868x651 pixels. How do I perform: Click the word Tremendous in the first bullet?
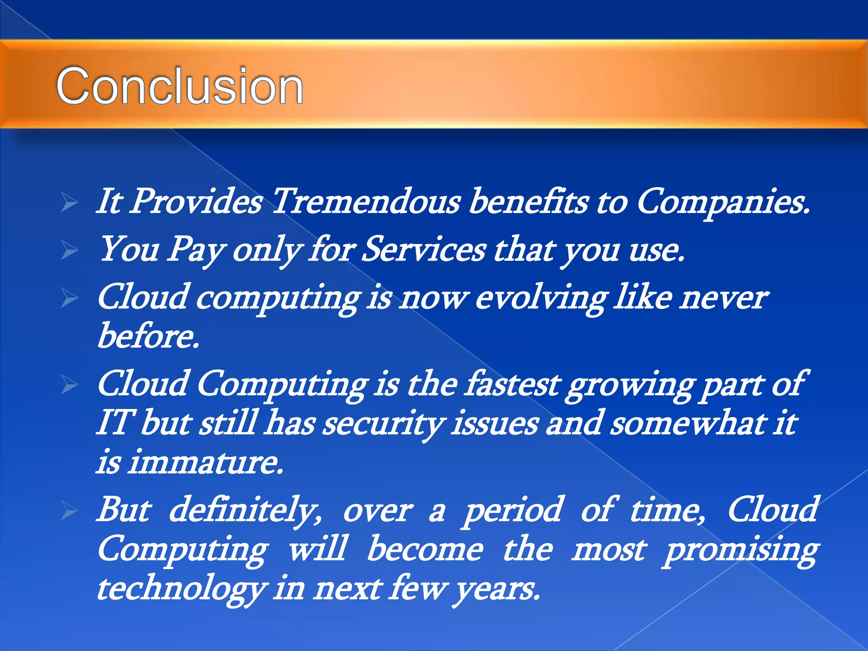[365, 201]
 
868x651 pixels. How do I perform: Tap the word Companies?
[723, 202]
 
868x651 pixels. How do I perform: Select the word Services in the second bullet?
[424, 250]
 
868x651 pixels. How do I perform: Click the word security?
[384, 424]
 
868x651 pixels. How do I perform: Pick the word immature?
[205, 462]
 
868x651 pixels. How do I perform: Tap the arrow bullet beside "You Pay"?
[69, 250]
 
